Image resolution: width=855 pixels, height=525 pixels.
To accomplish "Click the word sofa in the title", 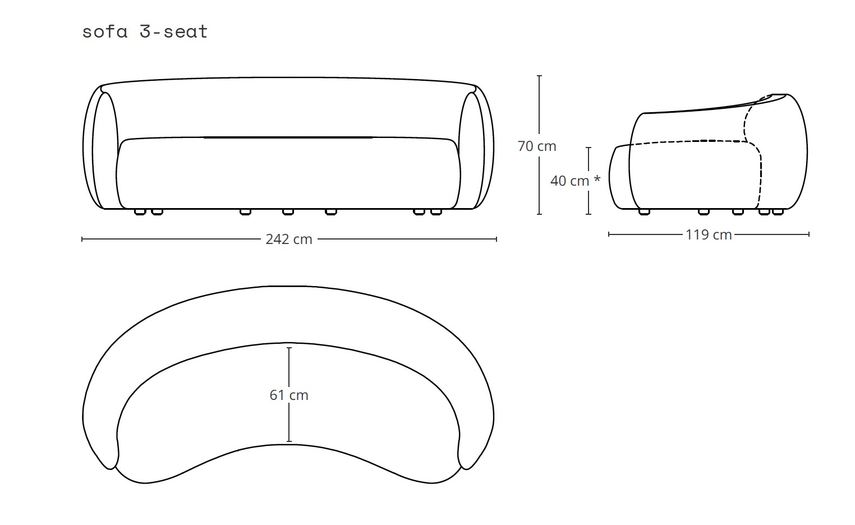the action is point(104,31).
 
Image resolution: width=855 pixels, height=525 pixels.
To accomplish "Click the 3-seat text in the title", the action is point(174,31).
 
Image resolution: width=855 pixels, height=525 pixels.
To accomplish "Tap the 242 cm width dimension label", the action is point(289,240).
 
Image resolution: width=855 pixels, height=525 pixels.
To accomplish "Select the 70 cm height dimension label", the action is point(537,146).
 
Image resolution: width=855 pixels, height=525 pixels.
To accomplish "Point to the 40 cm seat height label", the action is point(570,181).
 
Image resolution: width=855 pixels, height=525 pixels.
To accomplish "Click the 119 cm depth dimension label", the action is point(709,234).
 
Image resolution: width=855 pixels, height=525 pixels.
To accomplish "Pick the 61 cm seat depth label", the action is point(289,395).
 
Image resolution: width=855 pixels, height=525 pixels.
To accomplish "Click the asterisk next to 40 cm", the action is point(597,178).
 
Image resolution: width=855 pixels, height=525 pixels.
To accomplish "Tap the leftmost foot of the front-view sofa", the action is point(140,212).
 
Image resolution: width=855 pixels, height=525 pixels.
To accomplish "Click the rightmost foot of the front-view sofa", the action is point(436,212).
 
